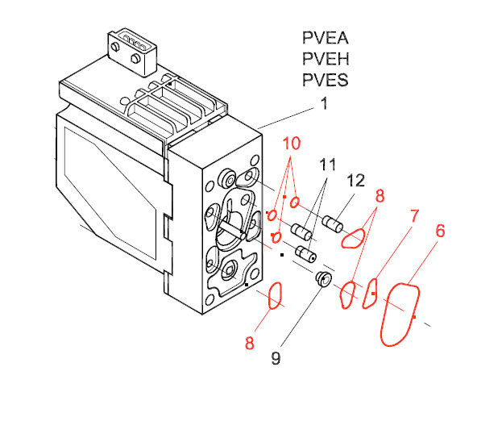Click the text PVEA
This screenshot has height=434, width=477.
pyautogui.click(x=326, y=38)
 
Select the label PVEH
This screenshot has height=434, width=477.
pyautogui.click(x=326, y=59)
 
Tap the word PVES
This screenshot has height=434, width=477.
pyautogui.click(x=326, y=80)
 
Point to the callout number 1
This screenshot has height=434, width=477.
pyautogui.click(x=325, y=103)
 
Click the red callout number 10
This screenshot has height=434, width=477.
pyautogui.click(x=292, y=143)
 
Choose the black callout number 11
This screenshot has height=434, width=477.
pyautogui.click(x=328, y=165)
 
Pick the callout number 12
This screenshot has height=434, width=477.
pyautogui.click(x=355, y=181)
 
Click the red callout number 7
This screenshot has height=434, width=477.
pyautogui.click(x=414, y=216)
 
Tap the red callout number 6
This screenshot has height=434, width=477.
pyautogui.click(x=440, y=231)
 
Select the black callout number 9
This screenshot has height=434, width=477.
pyautogui.click(x=276, y=358)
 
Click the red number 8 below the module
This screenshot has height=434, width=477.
pyautogui.click(x=250, y=343)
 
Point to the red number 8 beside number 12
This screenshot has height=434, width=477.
pyautogui.click(x=380, y=196)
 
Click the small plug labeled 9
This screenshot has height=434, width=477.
pyautogui.click(x=323, y=279)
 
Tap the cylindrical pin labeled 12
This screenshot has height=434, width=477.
pyautogui.click(x=333, y=224)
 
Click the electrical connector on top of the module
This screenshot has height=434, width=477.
pyautogui.click(x=132, y=52)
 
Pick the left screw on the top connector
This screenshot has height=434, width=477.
pyautogui.click(x=114, y=47)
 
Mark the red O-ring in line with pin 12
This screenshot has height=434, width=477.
pyautogui.click(x=294, y=202)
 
